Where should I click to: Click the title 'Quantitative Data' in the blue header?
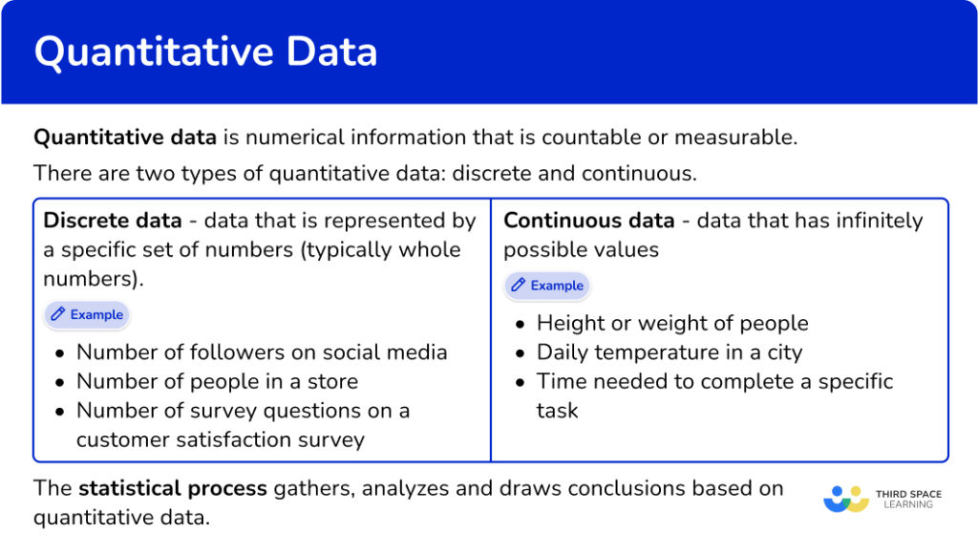[205, 52]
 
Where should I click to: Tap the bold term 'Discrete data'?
[113, 221]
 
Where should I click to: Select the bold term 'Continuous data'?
[588, 221]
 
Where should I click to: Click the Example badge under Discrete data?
[87, 314]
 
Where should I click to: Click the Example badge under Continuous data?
[547, 286]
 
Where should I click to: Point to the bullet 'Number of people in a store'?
[217, 381]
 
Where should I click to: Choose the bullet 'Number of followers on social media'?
[262, 352]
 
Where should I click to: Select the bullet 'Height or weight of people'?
[672, 323]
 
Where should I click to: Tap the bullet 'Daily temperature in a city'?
[670, 352]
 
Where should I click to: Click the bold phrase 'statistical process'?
[173, 489]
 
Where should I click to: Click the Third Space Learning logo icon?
[845, 499]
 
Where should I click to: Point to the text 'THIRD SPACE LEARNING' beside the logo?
[908, 499]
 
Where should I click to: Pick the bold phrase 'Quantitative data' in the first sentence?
[125, 137]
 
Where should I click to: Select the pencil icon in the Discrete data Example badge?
[58, 314]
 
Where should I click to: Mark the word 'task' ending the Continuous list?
[557, 411]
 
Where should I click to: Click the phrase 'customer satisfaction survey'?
[221, 439]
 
